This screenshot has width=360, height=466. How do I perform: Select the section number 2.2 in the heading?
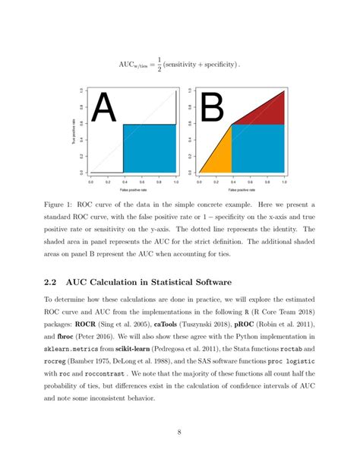point(54,281)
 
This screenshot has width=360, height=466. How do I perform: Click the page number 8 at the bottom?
point(179,433)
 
